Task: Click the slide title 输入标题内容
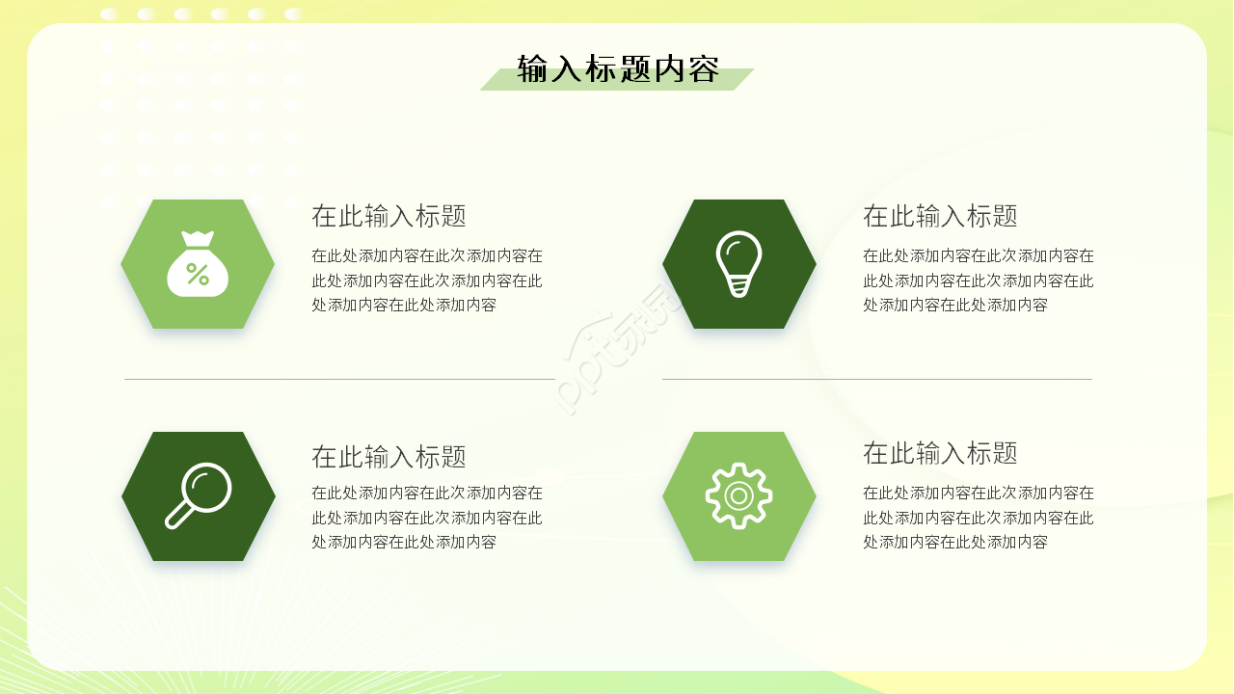coord(618,69)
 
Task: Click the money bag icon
coord(198,264)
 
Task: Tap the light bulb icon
coord(738,263)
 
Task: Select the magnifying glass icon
coord(199,495)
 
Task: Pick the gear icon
coord(738,495)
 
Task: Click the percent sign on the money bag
coord(198,275)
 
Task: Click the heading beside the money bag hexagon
coord(389,216)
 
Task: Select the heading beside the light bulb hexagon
coord(940,216)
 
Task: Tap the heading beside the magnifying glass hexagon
coord(389,456)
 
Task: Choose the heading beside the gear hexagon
coord(940,452)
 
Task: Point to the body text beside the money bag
coord(426,280)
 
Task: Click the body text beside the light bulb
coord(978,280)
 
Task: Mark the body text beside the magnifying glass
coord(426,518)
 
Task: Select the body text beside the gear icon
coord(978,518)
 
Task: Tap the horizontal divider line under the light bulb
coord(876,380)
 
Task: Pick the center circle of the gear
coord(738,496)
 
